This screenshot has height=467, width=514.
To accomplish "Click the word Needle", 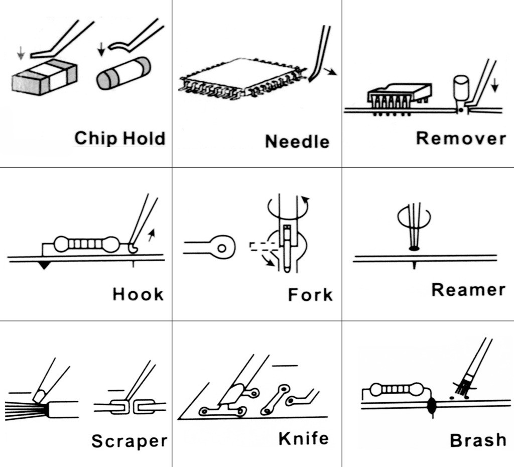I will coord(297,141).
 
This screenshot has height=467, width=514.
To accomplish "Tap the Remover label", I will coord(461,138).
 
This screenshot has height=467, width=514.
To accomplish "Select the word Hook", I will coord(138,293).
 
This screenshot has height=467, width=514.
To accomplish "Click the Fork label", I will coord(310,294).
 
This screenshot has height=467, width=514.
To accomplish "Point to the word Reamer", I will coord(468,290).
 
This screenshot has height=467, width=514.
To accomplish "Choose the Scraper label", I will coord(129,441).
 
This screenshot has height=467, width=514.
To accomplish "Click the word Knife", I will coord(304,438).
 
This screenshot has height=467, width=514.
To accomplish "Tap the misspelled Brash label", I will coord(478,440).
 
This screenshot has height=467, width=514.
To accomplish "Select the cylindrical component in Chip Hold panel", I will coord(123,73).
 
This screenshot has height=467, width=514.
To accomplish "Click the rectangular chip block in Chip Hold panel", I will coord(44,78).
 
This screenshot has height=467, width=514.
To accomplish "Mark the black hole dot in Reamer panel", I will coord(414,248).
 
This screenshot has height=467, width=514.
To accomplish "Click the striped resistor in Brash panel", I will coord(397,389).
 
